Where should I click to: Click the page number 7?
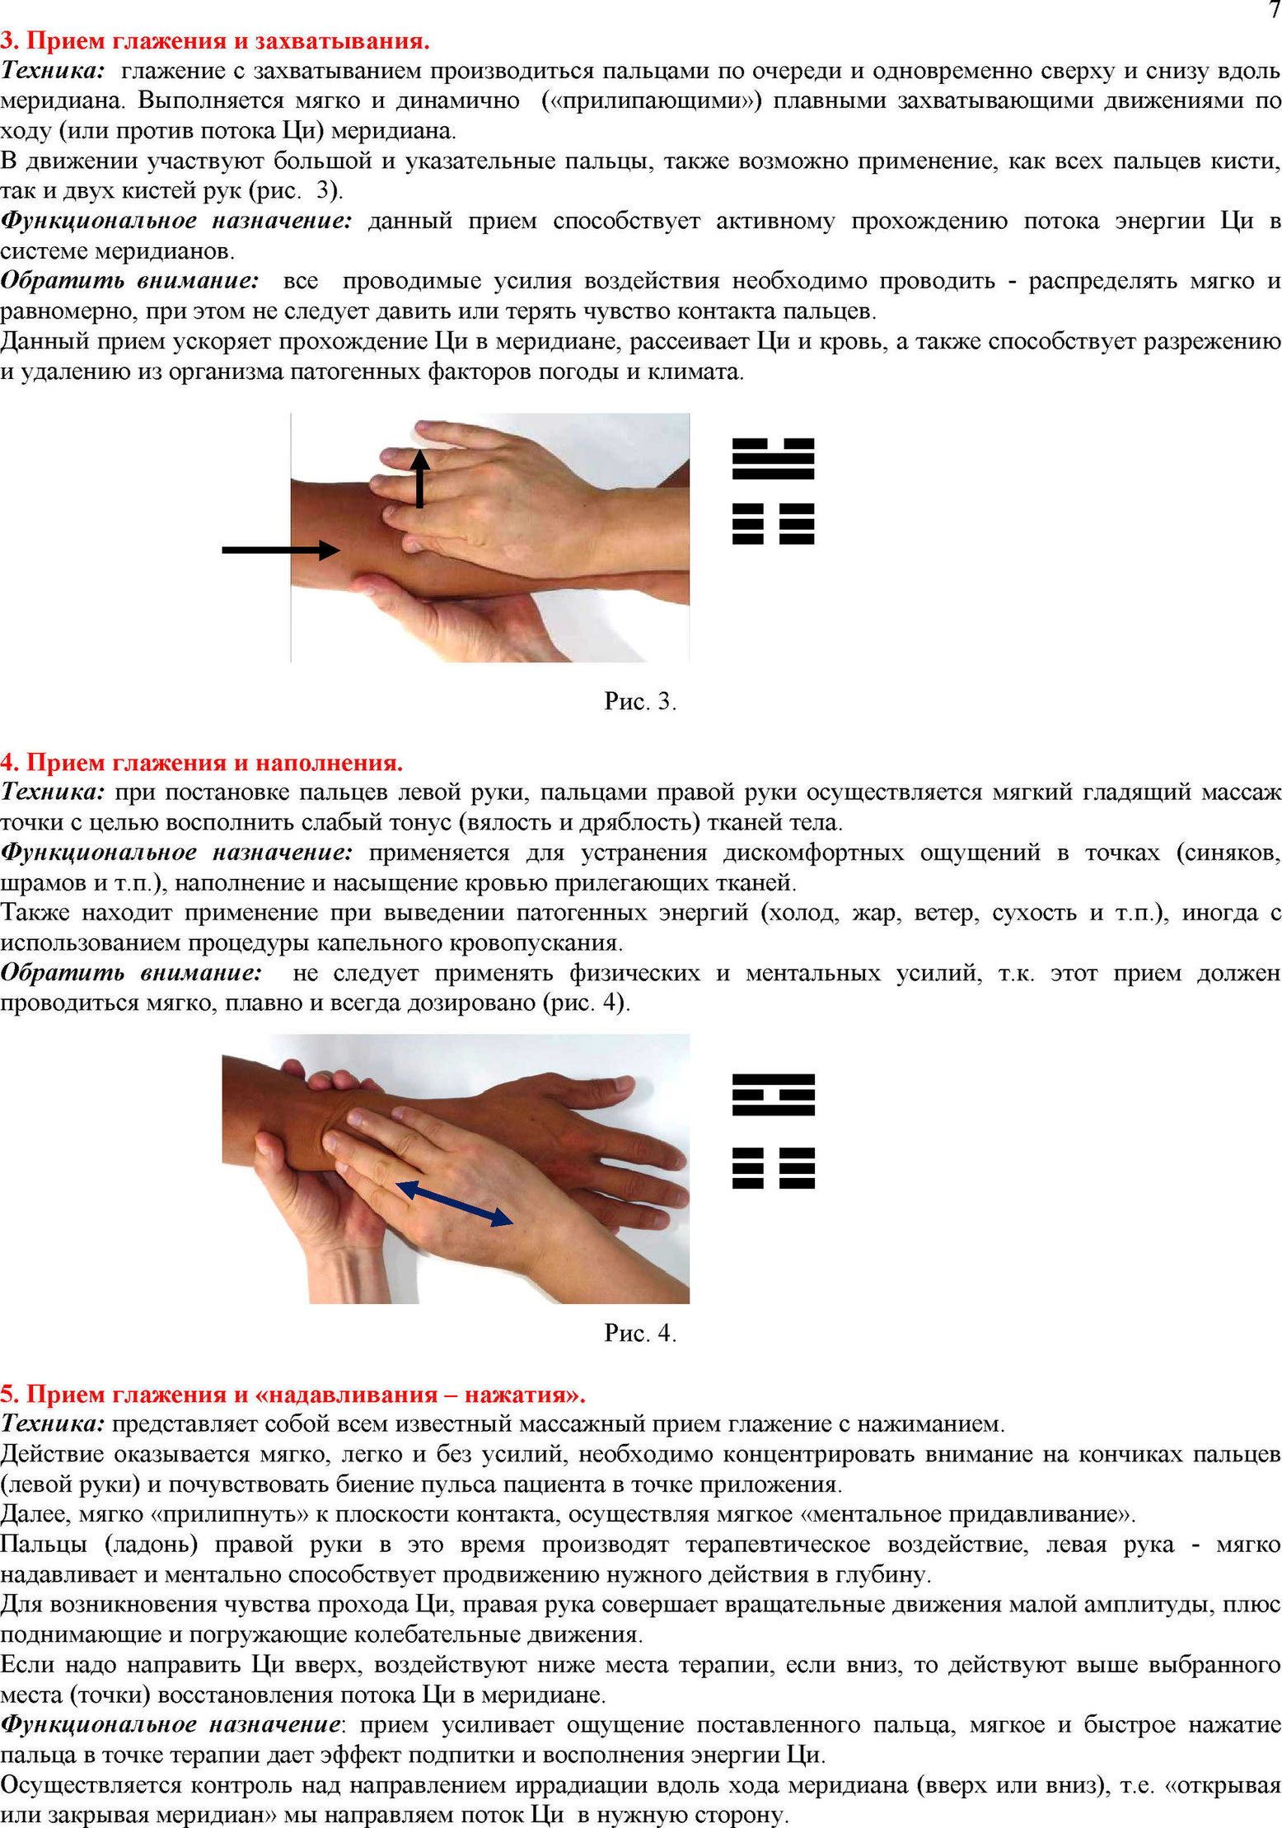click(x=1274, y=11)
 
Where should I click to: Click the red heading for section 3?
click(x=215, y=40)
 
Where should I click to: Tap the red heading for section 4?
click(x=202, y=762)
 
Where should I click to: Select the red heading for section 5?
click(x=293, y=1394)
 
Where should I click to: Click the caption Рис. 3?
click(x=640, y=701)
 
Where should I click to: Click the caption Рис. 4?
click(x=640, y=1333)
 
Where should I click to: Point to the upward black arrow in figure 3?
click(x=420, y=479)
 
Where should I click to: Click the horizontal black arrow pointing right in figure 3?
click(x=281, y=549)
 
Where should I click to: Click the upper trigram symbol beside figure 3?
click(x=773, y=459)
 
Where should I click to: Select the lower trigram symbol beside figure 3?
click(x=773, y=524)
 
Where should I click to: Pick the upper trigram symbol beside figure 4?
click(x=773, y=1095)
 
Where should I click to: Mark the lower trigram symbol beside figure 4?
click(x=773, y=1168)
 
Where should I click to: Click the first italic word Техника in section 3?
click(x=53, y=70)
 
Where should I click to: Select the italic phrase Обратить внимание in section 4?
click(x=131, y=972)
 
